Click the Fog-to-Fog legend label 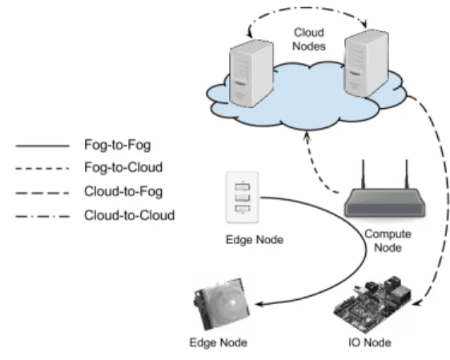pos(118,145)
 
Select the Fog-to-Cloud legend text pos(123,167)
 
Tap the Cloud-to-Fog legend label pos(123,191)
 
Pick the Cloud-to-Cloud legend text pos(130,215)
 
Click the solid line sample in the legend pos(42,146)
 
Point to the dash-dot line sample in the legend pos(42,217)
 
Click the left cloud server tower pos(251,74)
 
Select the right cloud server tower pos(367,63)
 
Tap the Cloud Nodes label pos(309,39)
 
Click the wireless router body pos(385,202)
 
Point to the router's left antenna pos(363,174)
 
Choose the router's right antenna pos(407,174)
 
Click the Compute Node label pos(388,241)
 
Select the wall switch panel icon pos(243,197)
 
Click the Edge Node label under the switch pos(255,240)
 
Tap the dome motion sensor pos(222,304)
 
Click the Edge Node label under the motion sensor pos(219,342)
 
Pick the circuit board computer pos(372,304)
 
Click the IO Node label pos(370,342)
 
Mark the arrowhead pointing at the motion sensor pos(259,304)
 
